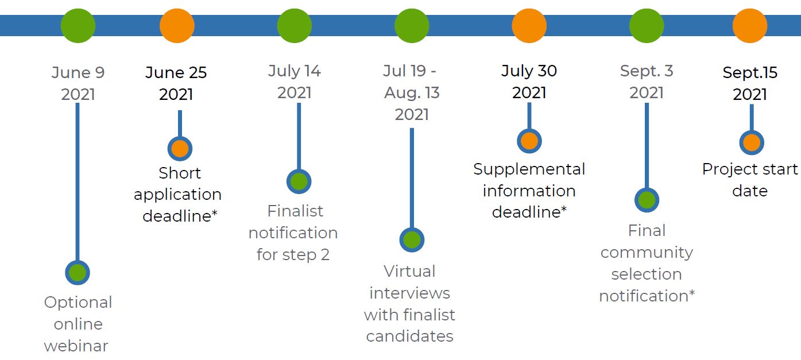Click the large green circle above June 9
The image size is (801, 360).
[x=78, y=26]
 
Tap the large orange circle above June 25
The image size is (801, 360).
[x=177, y=26]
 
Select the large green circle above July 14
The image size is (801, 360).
[x=295, y=26]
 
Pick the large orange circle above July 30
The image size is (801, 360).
[x=529, y=26]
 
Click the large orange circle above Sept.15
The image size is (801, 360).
[x=750, y=26]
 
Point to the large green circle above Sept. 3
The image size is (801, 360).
[x=647, y=26]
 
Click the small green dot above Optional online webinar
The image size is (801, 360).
[x=78, y=273]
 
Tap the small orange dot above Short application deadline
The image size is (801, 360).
[x=180, y=149]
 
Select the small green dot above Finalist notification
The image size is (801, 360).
[x=299, y=181]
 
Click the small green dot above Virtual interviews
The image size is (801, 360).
[x=412, y=240]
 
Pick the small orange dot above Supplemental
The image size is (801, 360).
[x=529, y=141]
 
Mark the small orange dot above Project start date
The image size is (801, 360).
[x=752, y=142]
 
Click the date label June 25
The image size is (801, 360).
[x=176, y=72]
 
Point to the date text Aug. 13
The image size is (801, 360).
[x=412, y=93]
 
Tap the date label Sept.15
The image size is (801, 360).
[x=750, y=73]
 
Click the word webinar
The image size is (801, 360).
[x=76, y=346]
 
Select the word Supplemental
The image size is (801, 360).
[x=529, y=170]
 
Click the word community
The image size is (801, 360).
[x=647, y=253]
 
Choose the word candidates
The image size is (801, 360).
[x=410, y=336]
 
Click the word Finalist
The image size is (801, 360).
[x=295, y=211]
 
